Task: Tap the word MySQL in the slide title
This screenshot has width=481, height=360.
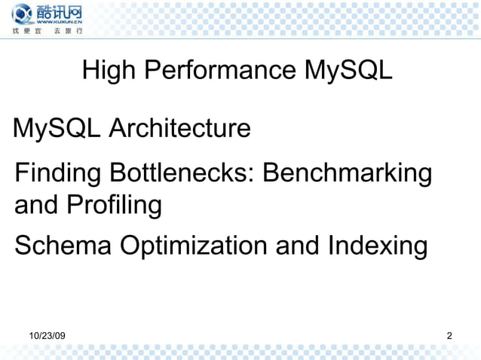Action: click(348, 72)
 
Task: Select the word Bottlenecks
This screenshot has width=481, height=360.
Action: click(184, 174)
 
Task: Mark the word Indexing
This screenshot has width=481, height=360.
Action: click(379, 246)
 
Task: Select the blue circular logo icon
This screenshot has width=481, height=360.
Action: click(22, 14)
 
